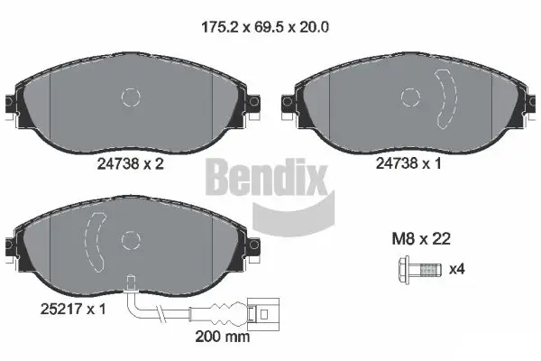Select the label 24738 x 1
point(408,164)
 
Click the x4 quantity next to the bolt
point(456,269)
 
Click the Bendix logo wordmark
point(267,176)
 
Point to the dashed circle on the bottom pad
point(132,240)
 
